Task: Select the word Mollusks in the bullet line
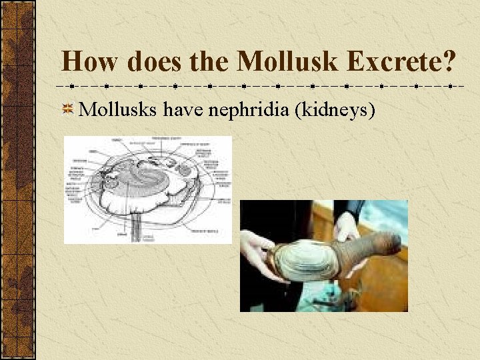coord(118,109)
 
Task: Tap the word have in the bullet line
coord(183,109)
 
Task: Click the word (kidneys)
coord(337,109)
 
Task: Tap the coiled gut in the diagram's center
coord(143,180)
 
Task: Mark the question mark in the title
coord(449,62)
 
